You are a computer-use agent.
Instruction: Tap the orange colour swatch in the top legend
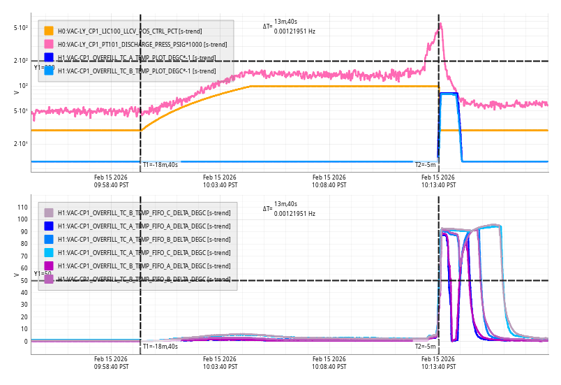click(49, 31)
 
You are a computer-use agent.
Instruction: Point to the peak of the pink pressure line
click(440, 25)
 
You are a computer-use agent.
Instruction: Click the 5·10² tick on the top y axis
click(21, 28)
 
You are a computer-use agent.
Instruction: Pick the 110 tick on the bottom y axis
click(21, 207)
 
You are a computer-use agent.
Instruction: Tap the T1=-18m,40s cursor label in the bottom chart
click(160, 347)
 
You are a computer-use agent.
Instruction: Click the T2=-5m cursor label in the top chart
click(426, 165)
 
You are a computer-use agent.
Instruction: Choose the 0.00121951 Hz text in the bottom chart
click(294, 213)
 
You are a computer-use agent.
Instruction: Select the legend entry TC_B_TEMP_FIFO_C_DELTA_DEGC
click(137, 212)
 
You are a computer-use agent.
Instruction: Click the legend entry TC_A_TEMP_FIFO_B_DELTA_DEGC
click(137, 239)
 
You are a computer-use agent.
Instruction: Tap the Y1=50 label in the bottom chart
click(43, 274)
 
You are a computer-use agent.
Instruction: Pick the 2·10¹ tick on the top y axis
click(21, 144)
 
